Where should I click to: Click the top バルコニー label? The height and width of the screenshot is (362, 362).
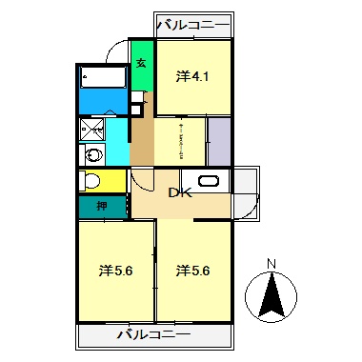[194, 23]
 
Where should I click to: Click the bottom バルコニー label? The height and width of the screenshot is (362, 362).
[154, 335]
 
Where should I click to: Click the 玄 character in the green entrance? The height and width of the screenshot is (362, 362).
[140, 65]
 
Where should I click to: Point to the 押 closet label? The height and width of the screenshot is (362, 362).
[100, 207]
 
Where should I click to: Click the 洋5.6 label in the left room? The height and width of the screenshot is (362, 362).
[115, 271]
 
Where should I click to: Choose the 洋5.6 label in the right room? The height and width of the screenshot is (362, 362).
[192, 271]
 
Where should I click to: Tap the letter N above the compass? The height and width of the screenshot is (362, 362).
[271, 264]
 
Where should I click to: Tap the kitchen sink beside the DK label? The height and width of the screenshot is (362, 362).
[210, 181]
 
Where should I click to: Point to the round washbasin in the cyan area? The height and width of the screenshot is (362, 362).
[92, 154]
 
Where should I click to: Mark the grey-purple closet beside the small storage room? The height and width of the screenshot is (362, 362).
[219, 140]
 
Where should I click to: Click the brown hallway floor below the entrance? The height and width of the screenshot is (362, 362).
[142, 133]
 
